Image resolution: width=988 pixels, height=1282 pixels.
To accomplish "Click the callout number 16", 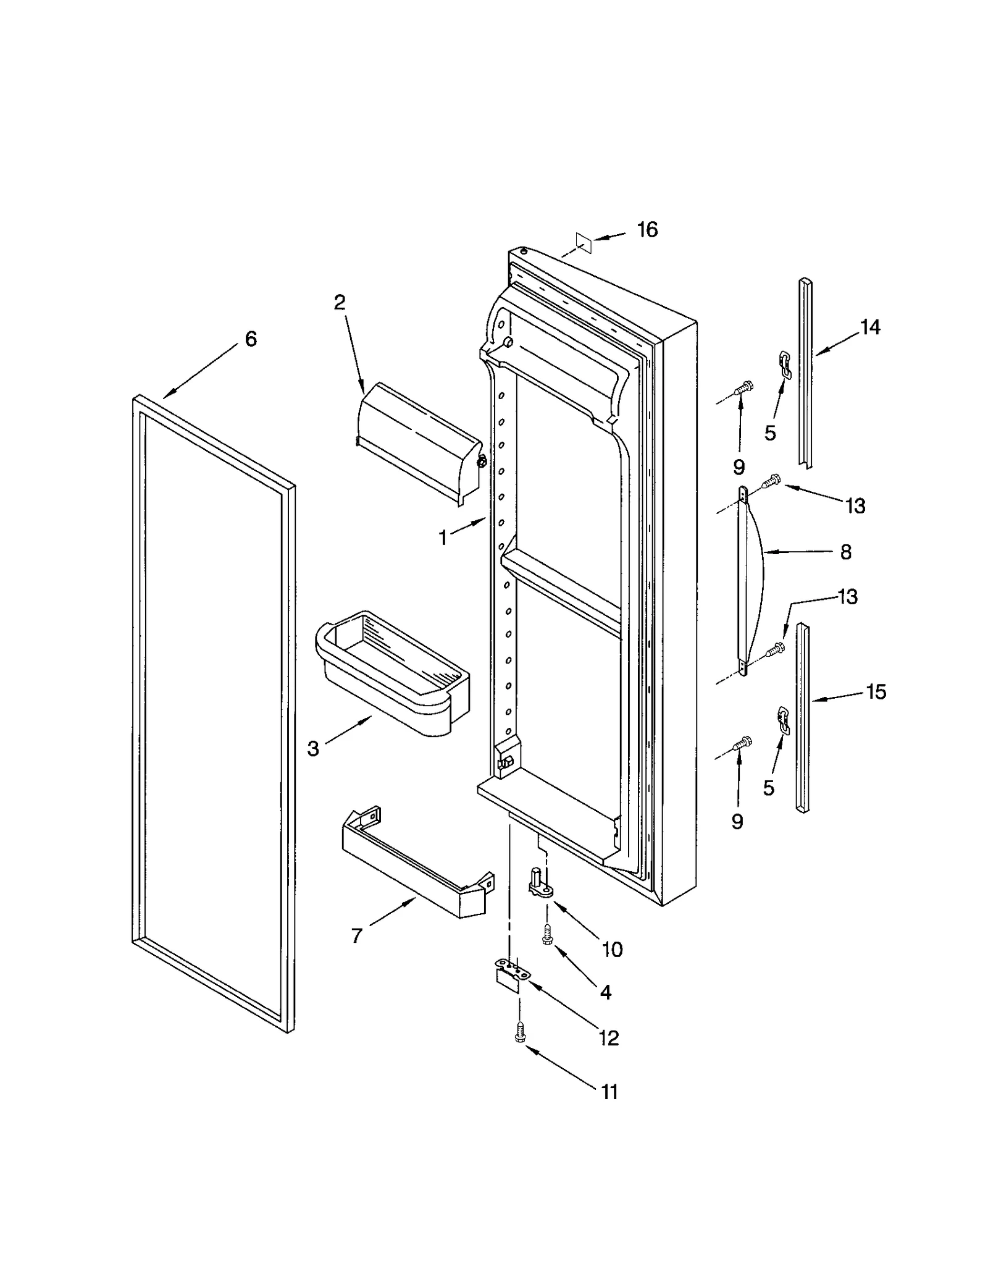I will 647,230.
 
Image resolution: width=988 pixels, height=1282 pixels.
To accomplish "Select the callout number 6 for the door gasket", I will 250,339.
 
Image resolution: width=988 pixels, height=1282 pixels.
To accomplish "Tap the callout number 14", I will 869,327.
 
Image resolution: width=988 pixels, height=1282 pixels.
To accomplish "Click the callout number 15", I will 876,691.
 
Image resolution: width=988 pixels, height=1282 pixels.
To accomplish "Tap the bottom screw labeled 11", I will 520,1032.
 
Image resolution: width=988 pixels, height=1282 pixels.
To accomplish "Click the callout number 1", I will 442,538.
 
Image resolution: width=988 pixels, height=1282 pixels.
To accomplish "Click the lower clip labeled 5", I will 783,720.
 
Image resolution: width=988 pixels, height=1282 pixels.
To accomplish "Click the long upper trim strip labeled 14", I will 806,371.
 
